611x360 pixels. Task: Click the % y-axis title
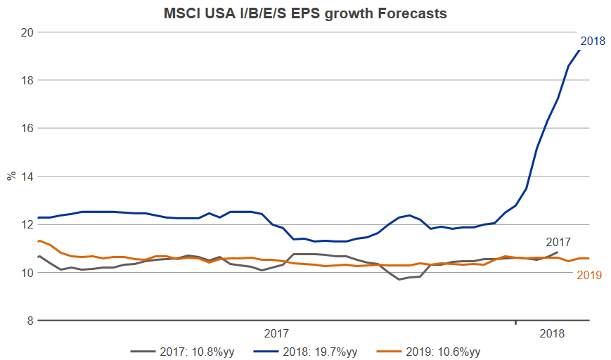(11, 176)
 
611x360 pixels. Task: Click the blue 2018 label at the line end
(593, 41)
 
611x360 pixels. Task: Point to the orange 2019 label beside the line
(589, 275)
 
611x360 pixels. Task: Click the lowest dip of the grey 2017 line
(399, 279)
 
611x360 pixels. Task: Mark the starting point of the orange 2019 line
(39, 240)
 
